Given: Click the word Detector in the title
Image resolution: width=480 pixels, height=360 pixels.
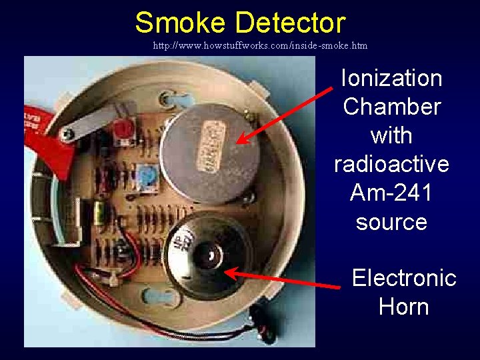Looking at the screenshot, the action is coord(291,23).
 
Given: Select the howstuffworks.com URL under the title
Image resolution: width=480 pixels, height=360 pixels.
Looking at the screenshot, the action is coord(260,46).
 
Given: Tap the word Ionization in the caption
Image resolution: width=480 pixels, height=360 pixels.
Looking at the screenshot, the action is coord(391,78).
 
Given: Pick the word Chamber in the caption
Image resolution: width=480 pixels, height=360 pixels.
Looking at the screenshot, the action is coord(391,107).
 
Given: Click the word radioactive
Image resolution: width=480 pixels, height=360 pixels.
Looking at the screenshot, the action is coord(391,164).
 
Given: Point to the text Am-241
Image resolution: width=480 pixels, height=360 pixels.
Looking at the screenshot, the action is coord(391,193).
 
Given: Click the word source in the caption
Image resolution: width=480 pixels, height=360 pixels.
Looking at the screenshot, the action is coord(391,221).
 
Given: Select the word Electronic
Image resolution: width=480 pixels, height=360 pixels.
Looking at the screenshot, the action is coord(404,277).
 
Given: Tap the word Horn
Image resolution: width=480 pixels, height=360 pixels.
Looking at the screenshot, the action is coord(404,307).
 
